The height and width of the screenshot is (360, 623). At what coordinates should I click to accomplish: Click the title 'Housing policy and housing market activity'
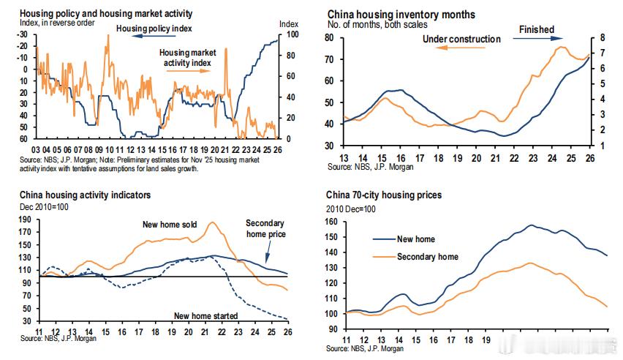[106, 13]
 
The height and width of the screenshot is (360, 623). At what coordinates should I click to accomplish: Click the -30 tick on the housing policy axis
[26, 34]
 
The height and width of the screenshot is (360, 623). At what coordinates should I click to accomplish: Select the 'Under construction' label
[461, 39]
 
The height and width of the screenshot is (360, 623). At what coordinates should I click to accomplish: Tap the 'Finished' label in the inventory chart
[536, 29]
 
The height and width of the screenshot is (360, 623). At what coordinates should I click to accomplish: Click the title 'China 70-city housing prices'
[385, 195]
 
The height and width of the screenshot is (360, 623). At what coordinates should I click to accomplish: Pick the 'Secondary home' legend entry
[427, 257]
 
